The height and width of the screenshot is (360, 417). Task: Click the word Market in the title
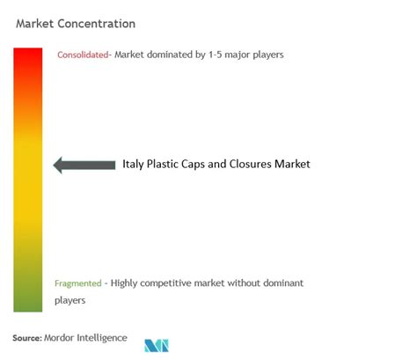[35, 24]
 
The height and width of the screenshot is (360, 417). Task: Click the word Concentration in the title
[97, 24]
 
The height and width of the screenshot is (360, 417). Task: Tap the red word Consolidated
[83, 55]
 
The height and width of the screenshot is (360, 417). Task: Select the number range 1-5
[215, 55]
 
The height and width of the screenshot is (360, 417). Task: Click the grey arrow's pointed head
[53, 165]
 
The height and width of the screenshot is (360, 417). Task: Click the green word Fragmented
[78, 283]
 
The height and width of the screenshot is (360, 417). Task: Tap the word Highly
[124, 283]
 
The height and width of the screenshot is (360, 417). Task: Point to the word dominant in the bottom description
[283, 283]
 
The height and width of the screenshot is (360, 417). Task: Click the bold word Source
[27, 338]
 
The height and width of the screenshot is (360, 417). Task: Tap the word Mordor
[59, 338]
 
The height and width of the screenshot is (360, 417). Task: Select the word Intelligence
[102, 338]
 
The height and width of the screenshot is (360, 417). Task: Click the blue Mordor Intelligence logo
[157, 346]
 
